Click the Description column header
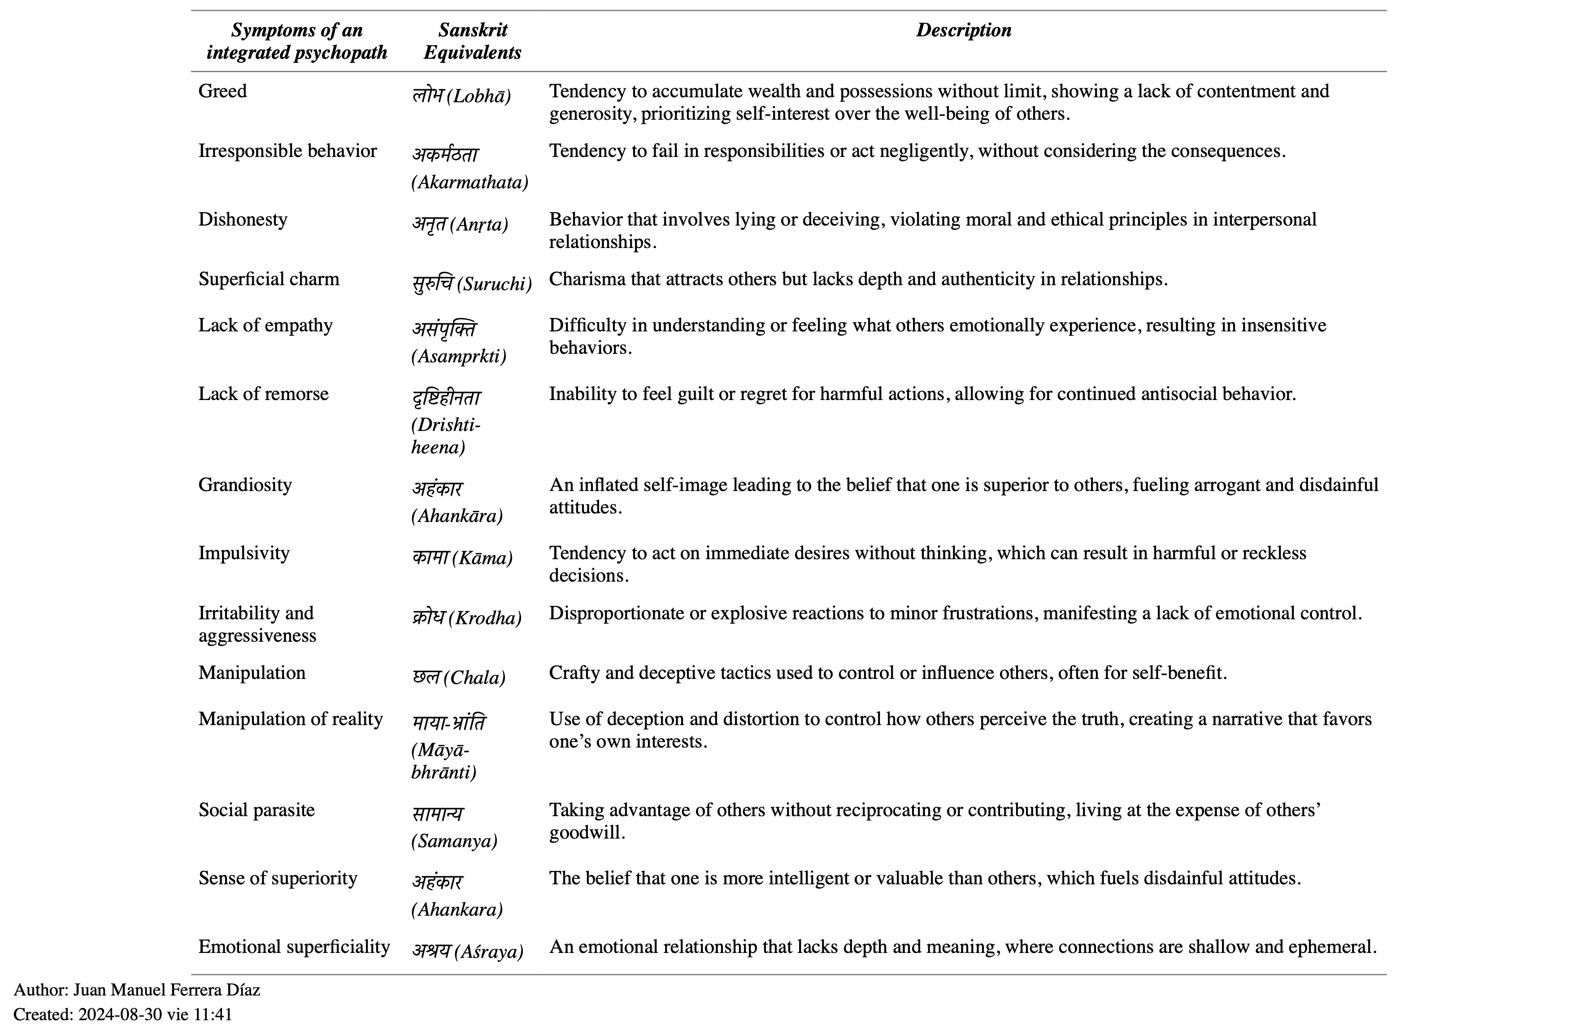pos(963,30)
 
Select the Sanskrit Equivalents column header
pos(472,41)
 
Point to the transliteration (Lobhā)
pos(479,97)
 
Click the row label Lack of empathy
pos(265,326)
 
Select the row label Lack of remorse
pos(263,394)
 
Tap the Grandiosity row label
pos(245,485)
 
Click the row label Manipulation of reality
pos(291,719)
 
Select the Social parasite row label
pos(256,810)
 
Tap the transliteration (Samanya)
pos(454,841)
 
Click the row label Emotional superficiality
pos(294,947)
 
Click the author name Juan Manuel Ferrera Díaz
pos(166,990)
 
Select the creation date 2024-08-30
pos(120,1014)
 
